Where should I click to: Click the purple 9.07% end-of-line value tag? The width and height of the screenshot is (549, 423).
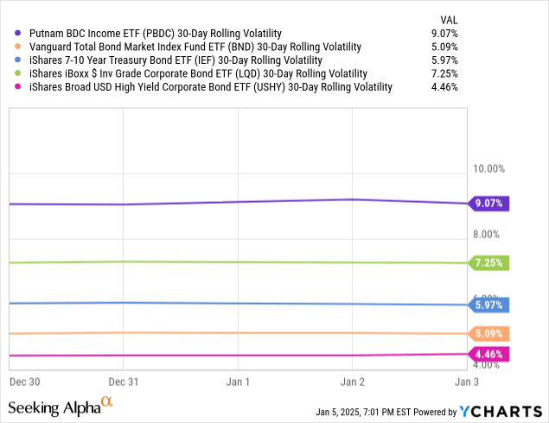[489, 204]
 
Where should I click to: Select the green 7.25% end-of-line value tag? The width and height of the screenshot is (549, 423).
[489, 262]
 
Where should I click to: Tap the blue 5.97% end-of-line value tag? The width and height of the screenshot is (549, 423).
[489, 305]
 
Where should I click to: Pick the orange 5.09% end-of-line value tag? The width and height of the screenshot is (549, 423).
[489, 333]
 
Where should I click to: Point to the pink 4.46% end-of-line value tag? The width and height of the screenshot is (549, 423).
[489, 353]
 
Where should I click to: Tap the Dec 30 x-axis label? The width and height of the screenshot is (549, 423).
[25, 381]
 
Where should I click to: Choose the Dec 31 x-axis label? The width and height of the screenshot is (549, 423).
[124, 381]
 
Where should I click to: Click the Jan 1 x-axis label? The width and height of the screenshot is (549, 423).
[238, 381]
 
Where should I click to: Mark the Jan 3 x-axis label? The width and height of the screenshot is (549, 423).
[466, 381]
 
